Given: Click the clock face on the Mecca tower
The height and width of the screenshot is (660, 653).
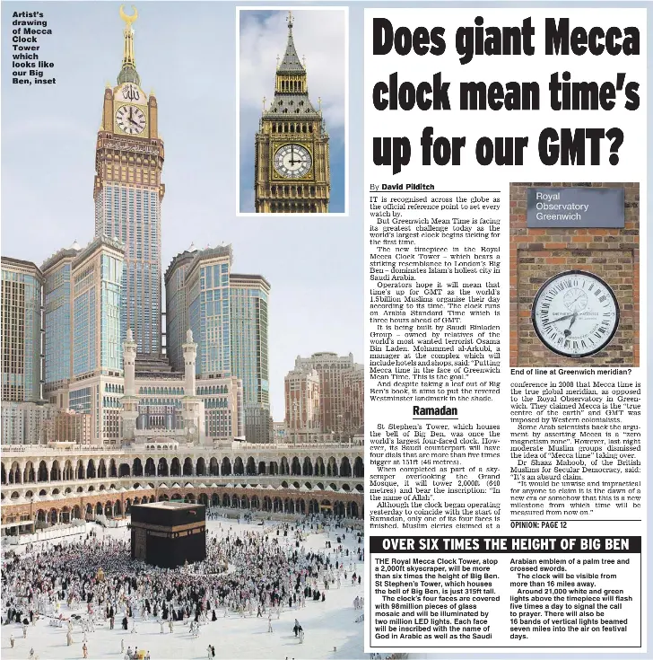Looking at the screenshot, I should pyautogui.click(x=130, y=119).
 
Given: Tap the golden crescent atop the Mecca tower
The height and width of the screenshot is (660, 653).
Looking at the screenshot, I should pyautogui.click(x=129, y=14).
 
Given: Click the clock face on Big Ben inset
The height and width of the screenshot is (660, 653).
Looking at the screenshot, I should pyautogui.click(x=292, y=161).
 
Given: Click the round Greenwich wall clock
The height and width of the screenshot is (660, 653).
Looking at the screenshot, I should pyautogui.click(x=575, y=313).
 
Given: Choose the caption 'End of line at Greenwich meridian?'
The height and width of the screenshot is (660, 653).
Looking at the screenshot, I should pyautogui.click(x=570, y=371).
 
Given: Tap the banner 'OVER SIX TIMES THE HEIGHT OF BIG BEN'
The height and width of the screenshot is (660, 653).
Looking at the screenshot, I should pyautogui.click(x=505, y=545).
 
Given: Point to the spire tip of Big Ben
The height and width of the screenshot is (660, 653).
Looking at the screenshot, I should pyautogui.click(x=290, y=17).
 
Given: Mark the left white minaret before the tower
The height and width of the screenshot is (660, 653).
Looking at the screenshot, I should pyautogui.click(x=129, y=368).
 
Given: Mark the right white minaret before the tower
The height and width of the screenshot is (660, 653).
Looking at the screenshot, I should pyautogui.click(x=189, y=368).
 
